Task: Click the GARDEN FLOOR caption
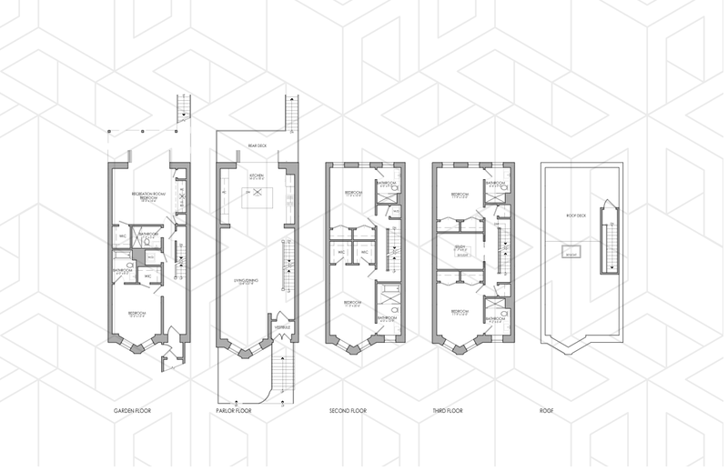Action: click(132, 411)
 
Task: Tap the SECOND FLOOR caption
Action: click(349, 411)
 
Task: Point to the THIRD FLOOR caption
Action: click(448, 411)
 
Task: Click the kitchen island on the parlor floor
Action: click(258, 193)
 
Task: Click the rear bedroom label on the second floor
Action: click(353, 194)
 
